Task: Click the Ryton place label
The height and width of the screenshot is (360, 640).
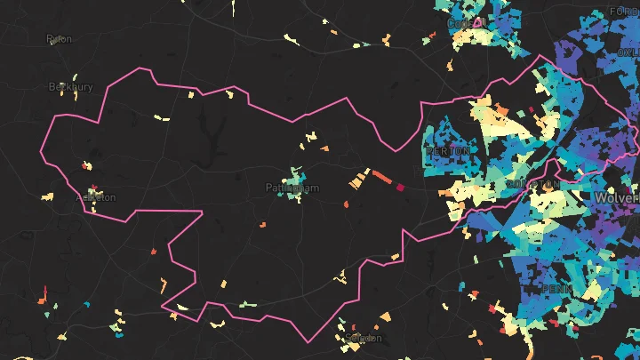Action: (59, 39)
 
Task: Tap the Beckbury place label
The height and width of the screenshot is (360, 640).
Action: (70, 87)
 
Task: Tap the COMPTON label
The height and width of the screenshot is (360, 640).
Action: (534, 184)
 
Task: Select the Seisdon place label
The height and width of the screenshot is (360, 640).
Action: (363, 339)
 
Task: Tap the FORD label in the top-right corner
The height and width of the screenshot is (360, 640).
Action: (624, 12)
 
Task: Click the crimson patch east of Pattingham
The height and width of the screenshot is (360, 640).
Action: (400, 187)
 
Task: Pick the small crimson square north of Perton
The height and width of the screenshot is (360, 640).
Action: (532, 111)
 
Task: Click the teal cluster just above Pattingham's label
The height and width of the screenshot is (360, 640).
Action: (295, 172)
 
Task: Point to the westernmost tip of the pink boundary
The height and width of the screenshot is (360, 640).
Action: (42, 151)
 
